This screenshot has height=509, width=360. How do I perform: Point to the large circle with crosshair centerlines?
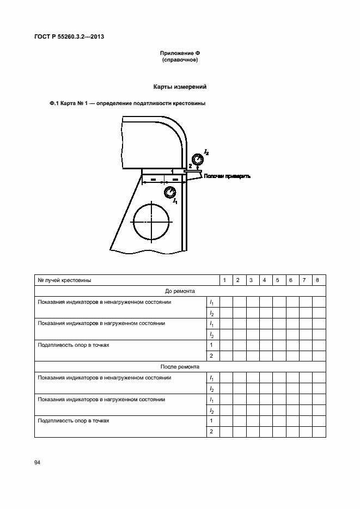[x=151, y=221]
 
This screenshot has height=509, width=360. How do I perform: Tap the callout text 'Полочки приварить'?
[x=226, y=176]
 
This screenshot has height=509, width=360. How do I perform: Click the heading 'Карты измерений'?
[x=180, y=87]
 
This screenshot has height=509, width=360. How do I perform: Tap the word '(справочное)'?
[x=180, y=60]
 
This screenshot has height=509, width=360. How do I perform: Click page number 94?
[x=38, y=462]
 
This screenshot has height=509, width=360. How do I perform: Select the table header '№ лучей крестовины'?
[x=64, y=280]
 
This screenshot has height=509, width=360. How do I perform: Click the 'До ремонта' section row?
[x=180, y=291]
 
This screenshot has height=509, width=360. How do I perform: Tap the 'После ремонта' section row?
[x=180, y=367]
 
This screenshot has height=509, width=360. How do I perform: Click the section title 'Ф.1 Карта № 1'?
[x=68, y=103]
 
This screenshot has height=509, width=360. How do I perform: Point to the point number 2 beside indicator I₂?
[x=190, y=165]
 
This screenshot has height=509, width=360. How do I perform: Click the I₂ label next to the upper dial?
[x=206, y=151]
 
